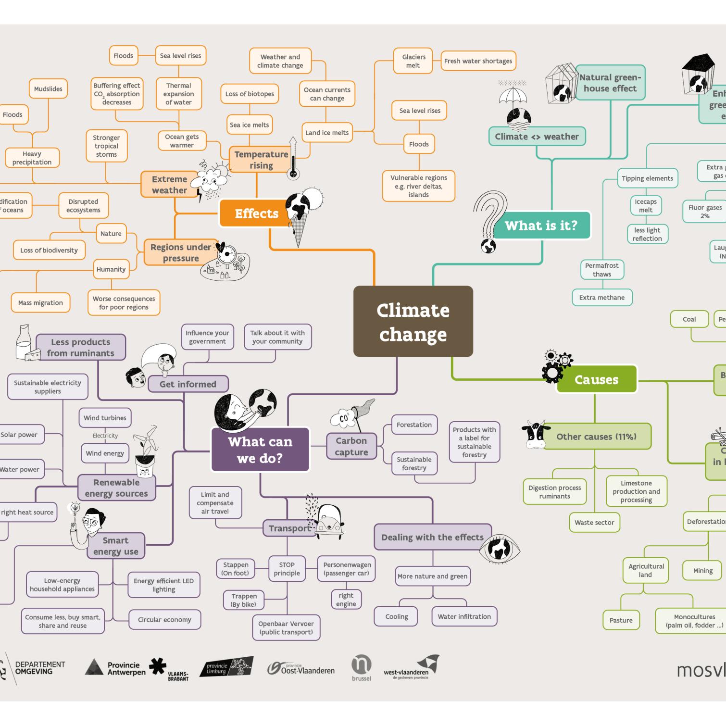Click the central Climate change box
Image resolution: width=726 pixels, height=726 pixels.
point(413,321)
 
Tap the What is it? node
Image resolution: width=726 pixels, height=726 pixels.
point(541,225)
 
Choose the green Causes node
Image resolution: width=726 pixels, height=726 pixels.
point(596,379)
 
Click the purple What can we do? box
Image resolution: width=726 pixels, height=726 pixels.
point(260,450)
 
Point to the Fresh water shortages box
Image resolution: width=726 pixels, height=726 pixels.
point(478,61)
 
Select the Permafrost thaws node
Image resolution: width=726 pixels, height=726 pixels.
point(601,270)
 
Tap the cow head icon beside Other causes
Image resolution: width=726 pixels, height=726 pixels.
point(535,434)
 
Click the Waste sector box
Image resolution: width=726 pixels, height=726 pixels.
point(594,523)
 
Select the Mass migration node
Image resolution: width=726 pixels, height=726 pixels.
point(40,303)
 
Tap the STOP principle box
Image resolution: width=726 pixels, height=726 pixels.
point(287,569)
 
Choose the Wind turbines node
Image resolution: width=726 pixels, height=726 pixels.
point(105,418)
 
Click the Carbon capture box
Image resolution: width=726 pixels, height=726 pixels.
point(351,446)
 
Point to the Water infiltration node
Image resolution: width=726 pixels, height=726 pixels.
point(464,616)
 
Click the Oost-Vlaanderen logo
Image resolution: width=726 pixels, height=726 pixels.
point(301,669)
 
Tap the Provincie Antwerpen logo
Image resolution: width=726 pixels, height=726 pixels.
point(115,668)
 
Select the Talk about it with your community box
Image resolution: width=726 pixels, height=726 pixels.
point(277,337)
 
